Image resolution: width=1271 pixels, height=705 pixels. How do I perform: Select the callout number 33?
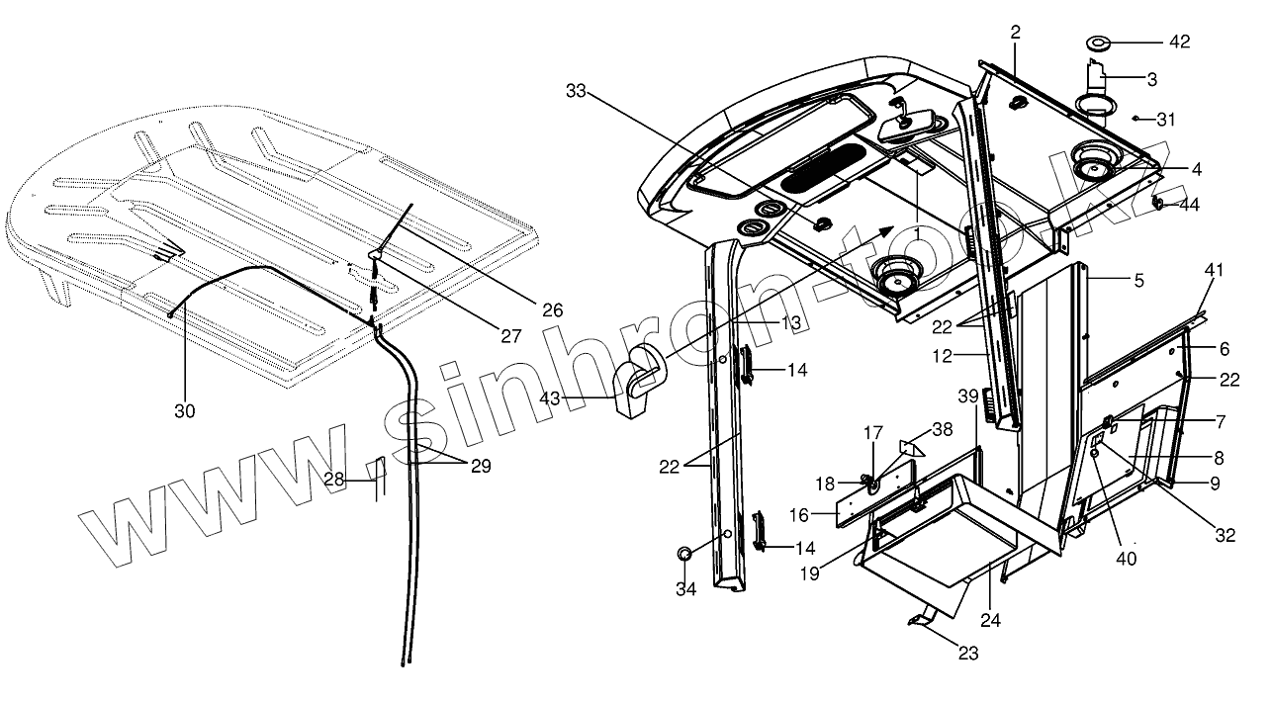pyautogui.click(x=577, y=91)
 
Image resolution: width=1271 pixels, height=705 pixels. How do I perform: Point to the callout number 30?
pyautogui.click(x=185, y=412)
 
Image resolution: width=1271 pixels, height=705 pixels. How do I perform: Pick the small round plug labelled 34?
pyautogui.click(x=684, y=554)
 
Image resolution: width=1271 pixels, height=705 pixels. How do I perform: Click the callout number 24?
pyautogui.click(x=990, y=620)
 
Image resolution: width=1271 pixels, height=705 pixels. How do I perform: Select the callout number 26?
pyautogui.click(x=552, y=309)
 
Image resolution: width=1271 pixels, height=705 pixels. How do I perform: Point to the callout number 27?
pyautogui.click(x=510, y=336)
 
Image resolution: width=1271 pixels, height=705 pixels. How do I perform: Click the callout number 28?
pyautogui.click(x=334, y=480)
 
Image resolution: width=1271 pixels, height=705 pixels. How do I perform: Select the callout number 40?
pyautogui.click(x=1127, y=557)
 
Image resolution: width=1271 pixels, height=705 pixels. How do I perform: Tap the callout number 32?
pyautogui.click(x=1225, y=537)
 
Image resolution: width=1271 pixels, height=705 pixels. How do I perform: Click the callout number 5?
pyautogui.click(x=1138, y=281)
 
